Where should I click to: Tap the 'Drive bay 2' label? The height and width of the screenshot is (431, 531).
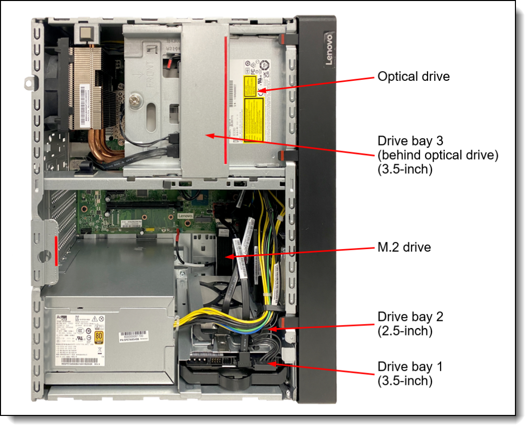[410, 317]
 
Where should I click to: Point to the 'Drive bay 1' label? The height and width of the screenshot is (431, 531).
[410, 367]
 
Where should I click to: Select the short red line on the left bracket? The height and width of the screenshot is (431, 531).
[55, 250]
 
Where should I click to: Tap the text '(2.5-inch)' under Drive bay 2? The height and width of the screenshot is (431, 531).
[405, 331]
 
